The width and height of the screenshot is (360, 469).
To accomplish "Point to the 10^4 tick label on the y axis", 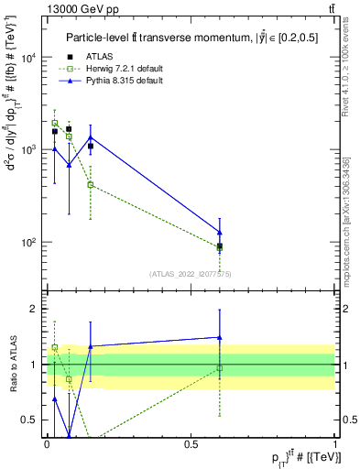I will pyautogui.click(x=27, y=58).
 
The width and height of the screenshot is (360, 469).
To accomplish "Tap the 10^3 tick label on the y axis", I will pyautogui.click(x=27, y=149).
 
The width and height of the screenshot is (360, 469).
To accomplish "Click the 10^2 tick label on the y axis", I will pyautogui.click(x=27, y=243).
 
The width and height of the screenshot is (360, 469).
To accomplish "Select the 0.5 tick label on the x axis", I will pyautogui.click(x=191, y=444).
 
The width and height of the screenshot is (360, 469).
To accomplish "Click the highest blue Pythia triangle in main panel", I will pyautogui.click(x=90, y=137).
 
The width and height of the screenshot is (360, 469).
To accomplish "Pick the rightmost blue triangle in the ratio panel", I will pyautogui.click(x=219, y=337).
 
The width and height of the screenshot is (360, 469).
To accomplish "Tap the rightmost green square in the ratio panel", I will pyautogui.click(x=219, y=368).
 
